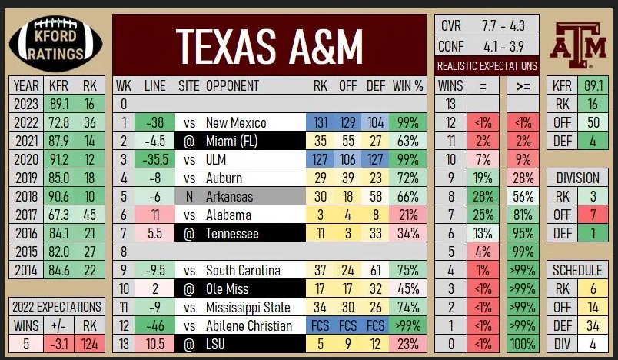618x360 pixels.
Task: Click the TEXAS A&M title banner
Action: (269, 45)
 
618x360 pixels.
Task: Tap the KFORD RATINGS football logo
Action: (55, 45)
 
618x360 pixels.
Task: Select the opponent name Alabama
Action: (228, 215)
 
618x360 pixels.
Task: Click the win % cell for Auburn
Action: (407, 178)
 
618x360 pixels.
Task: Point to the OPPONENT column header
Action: (232, 85)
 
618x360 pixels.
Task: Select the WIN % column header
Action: (407, 85)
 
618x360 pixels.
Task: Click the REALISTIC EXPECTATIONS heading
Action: (487, 66)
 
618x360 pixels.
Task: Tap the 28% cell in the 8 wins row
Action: (484, 196)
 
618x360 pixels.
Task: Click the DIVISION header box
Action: (577, 178)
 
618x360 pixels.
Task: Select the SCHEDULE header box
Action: (577, 270)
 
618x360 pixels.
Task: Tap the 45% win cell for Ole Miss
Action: (407, 289)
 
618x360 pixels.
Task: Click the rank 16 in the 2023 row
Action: (90, 103)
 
